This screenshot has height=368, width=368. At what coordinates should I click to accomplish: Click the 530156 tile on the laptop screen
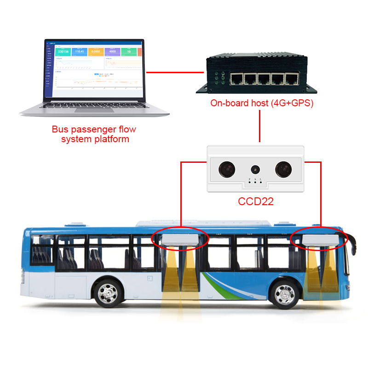[63, 51]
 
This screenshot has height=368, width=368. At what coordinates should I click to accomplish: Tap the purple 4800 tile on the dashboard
[112, 51]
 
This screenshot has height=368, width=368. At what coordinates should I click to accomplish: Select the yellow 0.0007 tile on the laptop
[96, 51]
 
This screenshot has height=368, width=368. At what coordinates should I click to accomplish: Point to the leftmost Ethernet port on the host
[237, 79]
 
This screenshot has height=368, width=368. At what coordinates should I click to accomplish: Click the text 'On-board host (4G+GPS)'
[262, 103]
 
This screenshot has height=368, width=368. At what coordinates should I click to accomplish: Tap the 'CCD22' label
[256, 201]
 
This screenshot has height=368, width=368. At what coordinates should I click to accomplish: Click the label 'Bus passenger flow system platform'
[94, 134]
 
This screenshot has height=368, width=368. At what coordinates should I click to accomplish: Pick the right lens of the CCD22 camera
[284, 169]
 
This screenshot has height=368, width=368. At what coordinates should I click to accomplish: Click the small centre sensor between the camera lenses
[254, 169]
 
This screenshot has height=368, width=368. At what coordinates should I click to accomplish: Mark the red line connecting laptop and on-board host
[175, 72]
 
